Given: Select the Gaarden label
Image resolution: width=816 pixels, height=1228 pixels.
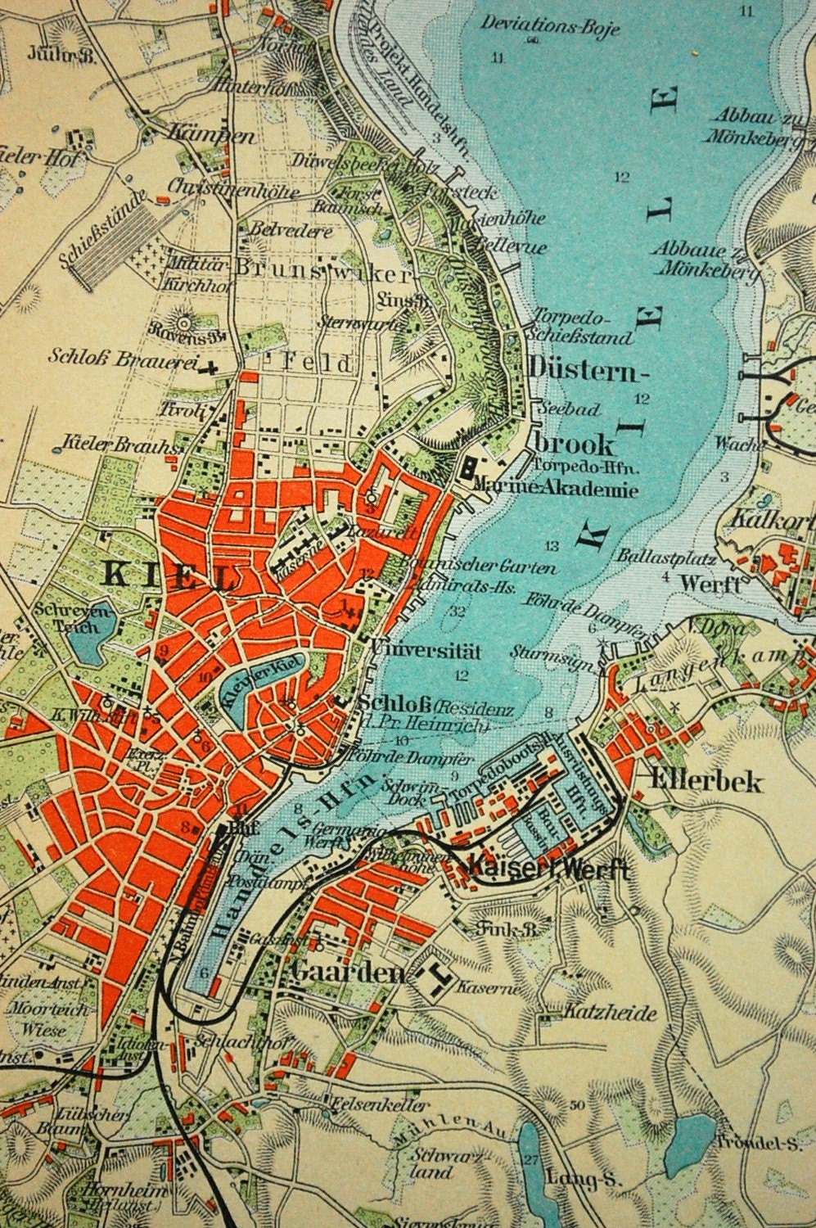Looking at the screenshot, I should click(x=347, y=973).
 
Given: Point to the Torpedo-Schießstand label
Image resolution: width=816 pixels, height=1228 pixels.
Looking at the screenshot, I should click(x=583, y=327).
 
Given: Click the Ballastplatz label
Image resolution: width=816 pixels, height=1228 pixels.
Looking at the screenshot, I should click(x=669, y=560).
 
